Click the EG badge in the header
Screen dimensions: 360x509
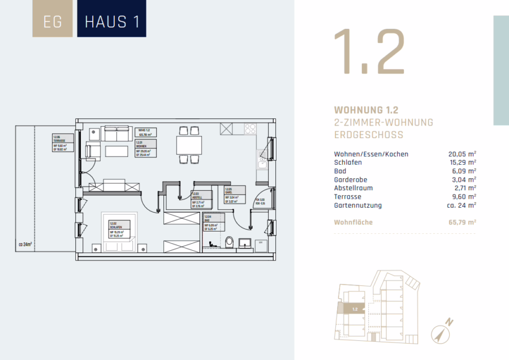[x=53, y=22]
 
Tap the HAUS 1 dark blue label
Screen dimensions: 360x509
[x=111, y=22]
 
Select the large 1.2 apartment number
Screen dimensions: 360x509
[x=369, y=52]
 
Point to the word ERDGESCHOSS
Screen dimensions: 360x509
[x=369, y=135]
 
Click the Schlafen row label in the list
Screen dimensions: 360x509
[x=348, y=162]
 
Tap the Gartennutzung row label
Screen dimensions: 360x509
[x=357, y=205]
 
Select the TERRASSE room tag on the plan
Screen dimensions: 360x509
[x=61, y=144]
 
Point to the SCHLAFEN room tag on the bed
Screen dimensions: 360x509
[x=117, y=228]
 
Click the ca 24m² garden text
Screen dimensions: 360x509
[x=25, y=245]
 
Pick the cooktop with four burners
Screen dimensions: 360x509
[x=251, y=129]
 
